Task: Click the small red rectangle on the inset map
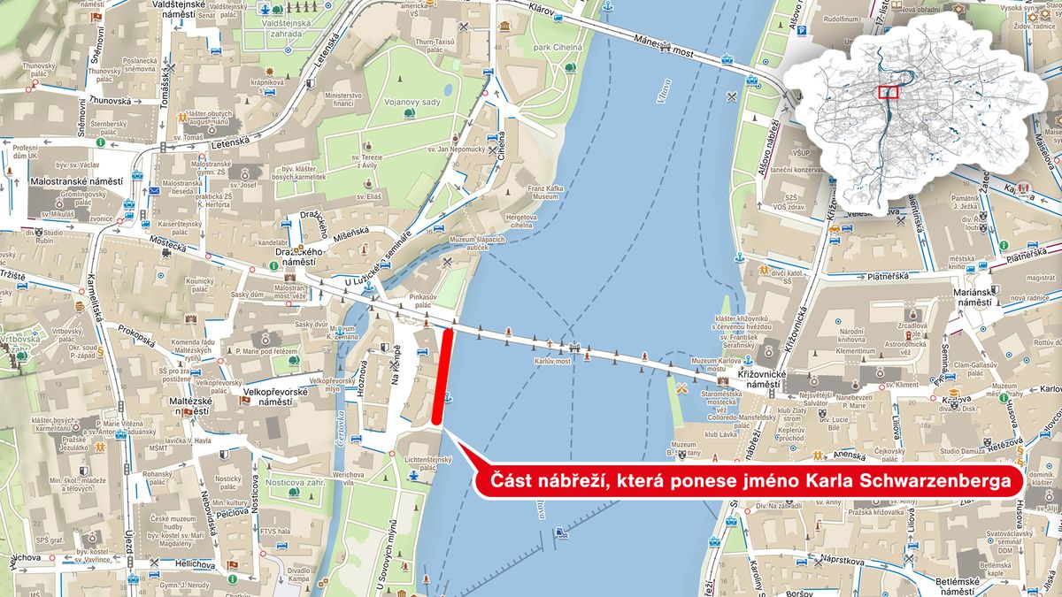[x=889, y=91]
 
